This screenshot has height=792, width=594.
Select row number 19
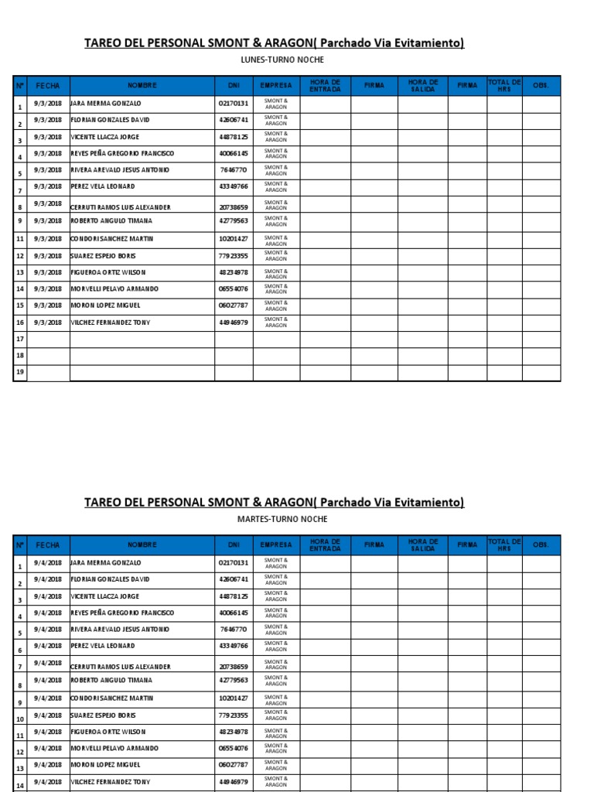point(20,373)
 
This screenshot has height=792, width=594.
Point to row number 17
point(20,340)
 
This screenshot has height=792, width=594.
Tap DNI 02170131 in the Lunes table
point(234,103)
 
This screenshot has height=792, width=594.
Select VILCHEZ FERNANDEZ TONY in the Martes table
point(110,782)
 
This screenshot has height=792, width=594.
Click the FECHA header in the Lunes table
point(48,86)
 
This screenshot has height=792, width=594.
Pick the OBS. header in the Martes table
point(541,544)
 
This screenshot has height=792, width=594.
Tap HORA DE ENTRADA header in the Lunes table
point(325,86)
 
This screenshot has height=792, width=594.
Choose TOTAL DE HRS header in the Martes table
point(504,544)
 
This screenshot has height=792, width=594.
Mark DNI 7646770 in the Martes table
point(234,630)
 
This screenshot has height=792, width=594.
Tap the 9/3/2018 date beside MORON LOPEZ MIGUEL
point(48,305)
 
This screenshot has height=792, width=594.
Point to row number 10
point(20,718)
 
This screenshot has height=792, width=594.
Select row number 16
point(20,323)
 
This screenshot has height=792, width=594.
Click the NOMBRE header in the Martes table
point(142,544)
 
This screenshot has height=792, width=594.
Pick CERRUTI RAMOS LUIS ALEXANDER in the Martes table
point(120,666)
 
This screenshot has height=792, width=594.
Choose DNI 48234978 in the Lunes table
point(234,272)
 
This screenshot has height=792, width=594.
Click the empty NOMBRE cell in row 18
point(142,356)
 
